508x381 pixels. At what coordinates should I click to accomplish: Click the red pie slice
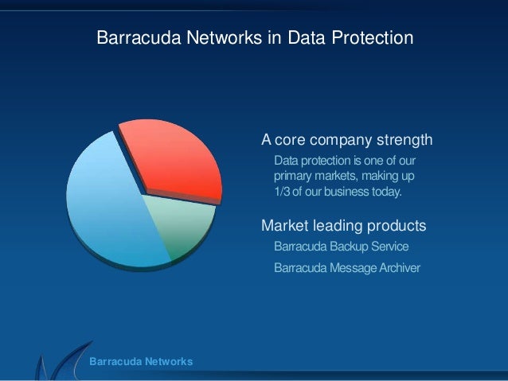(x=171, y=159)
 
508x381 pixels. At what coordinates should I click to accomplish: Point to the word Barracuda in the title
(x=132, y=38)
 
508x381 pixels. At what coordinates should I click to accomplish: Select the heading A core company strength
(x=347, y=142)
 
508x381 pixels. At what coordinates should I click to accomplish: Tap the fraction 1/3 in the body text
(x=282, y=192)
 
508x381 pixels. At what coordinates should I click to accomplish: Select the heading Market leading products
(x=344, y=227)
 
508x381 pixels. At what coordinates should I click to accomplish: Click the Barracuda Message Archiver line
(x=346, y=267)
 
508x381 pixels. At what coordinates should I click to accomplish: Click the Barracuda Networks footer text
(x=141, y=362)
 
